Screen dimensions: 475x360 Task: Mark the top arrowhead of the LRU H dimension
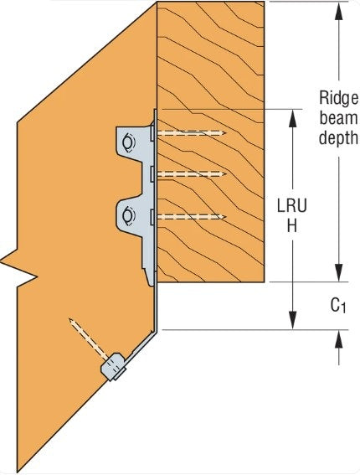click(x=292, y=116)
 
